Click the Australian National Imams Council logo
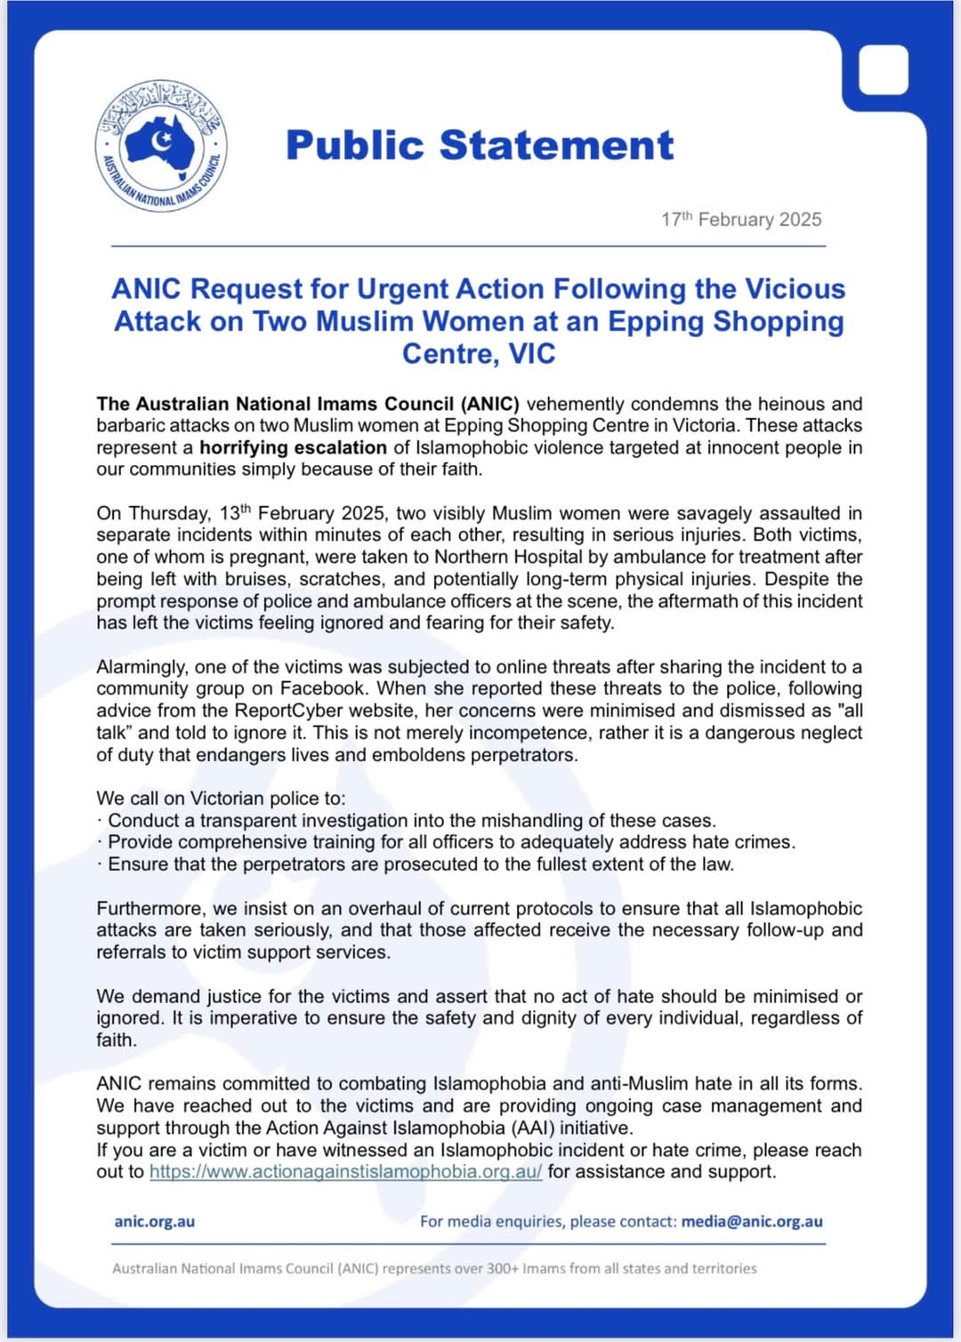[161, 145]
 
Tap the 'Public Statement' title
[480, 146]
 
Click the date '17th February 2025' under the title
[741, 220]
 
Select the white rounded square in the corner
[883, 70]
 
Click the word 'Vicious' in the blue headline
[795, 289]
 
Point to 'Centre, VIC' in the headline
[479, 354]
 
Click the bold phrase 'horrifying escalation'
[293, 447]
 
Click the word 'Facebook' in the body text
[322, 688]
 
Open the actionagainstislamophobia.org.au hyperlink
[345, 1172]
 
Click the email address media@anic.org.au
[752, 1222]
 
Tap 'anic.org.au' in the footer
[154, 1222]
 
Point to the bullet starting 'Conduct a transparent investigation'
[411, 821]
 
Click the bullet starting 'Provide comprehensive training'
[451, 842]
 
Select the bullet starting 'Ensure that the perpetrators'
[420, 864]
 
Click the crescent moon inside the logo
[161, 140]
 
